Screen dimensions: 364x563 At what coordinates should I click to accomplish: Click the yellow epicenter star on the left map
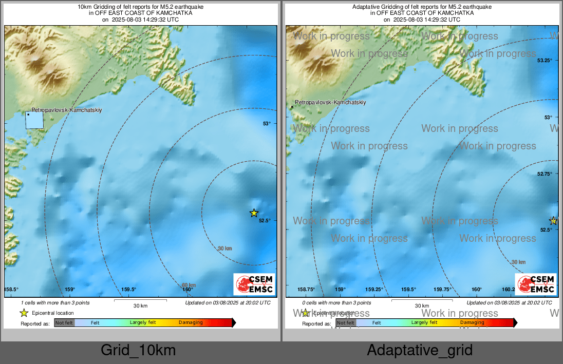point(254,213)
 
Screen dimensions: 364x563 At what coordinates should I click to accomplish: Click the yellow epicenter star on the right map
point(553,221)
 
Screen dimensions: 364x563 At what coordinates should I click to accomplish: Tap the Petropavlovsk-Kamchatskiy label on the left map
point(67,110)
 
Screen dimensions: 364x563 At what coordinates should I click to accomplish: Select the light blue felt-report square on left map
point(34,120)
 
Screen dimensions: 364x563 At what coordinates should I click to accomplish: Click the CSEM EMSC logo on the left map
point(254,284)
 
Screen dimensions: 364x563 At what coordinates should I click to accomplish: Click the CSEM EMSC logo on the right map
point(536,284)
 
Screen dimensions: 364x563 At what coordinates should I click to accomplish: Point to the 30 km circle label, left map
point(224,248)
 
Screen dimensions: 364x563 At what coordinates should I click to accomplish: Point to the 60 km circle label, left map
point(189,285)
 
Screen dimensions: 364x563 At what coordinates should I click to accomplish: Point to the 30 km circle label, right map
point(518,262)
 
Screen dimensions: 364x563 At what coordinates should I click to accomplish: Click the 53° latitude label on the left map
point(266,123)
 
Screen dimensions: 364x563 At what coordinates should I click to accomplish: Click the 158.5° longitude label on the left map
point(11,290)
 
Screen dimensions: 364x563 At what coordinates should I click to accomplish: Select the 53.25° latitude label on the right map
point(545,61)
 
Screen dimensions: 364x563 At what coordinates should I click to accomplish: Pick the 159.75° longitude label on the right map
point(442,290)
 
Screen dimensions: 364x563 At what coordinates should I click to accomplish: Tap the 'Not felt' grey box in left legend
point(64,323)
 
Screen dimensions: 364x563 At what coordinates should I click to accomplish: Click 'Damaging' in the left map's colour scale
point(191,323)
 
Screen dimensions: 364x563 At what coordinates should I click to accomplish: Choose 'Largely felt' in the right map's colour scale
point(424,323)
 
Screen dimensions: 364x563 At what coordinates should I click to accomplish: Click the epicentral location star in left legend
point(24,313)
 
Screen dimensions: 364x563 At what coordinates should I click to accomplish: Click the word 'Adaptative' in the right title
point(367,7)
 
